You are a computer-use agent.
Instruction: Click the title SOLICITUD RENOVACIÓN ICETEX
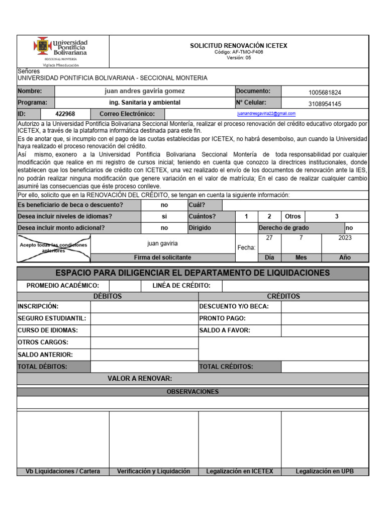238,46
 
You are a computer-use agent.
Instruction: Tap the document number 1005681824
325,93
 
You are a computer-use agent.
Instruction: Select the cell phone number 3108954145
325,104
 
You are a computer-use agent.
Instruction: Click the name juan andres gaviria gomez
144,91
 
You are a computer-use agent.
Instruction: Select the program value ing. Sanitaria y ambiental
144,103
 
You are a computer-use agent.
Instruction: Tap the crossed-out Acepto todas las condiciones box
54,248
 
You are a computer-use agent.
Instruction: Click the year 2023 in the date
345,238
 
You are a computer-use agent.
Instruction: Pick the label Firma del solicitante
162,257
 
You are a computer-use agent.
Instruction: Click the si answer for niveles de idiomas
164,216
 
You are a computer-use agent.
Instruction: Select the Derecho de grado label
283,228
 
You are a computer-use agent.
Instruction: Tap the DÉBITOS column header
108,296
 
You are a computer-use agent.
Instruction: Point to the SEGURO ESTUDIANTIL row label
52,318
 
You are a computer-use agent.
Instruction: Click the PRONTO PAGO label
222,318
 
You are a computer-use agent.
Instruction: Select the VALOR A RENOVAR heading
140,378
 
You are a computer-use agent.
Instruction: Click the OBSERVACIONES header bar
192,391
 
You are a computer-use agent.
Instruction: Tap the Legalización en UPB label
325,471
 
